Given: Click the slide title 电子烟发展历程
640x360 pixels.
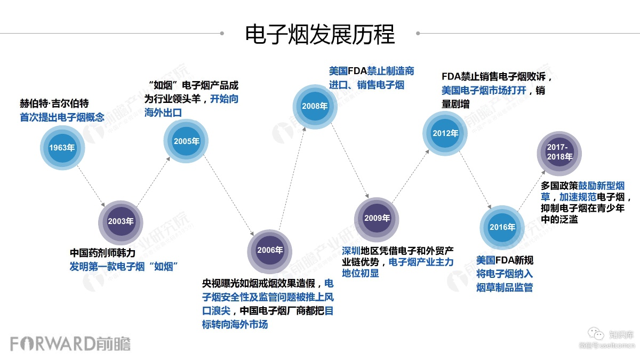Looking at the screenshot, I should point(320,34).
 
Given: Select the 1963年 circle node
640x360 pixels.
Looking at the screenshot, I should point(62,148).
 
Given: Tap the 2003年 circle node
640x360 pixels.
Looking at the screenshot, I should point(121,221).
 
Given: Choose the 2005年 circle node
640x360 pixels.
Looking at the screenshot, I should point(186,141).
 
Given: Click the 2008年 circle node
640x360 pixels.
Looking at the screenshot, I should point(315,106).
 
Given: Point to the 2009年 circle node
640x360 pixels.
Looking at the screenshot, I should point(377,218).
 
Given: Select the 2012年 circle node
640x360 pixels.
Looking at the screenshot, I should point(445,133).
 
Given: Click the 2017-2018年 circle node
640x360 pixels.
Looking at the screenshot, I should point(559,151).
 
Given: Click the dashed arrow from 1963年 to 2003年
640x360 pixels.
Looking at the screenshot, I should point(91,184).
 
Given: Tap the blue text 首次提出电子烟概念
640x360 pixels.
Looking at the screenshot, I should point(62,117).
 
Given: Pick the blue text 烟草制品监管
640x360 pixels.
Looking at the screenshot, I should point(505,288).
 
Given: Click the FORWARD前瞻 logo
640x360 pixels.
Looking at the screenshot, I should point(70,343).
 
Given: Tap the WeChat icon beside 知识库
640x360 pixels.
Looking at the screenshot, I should point(599,334).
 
